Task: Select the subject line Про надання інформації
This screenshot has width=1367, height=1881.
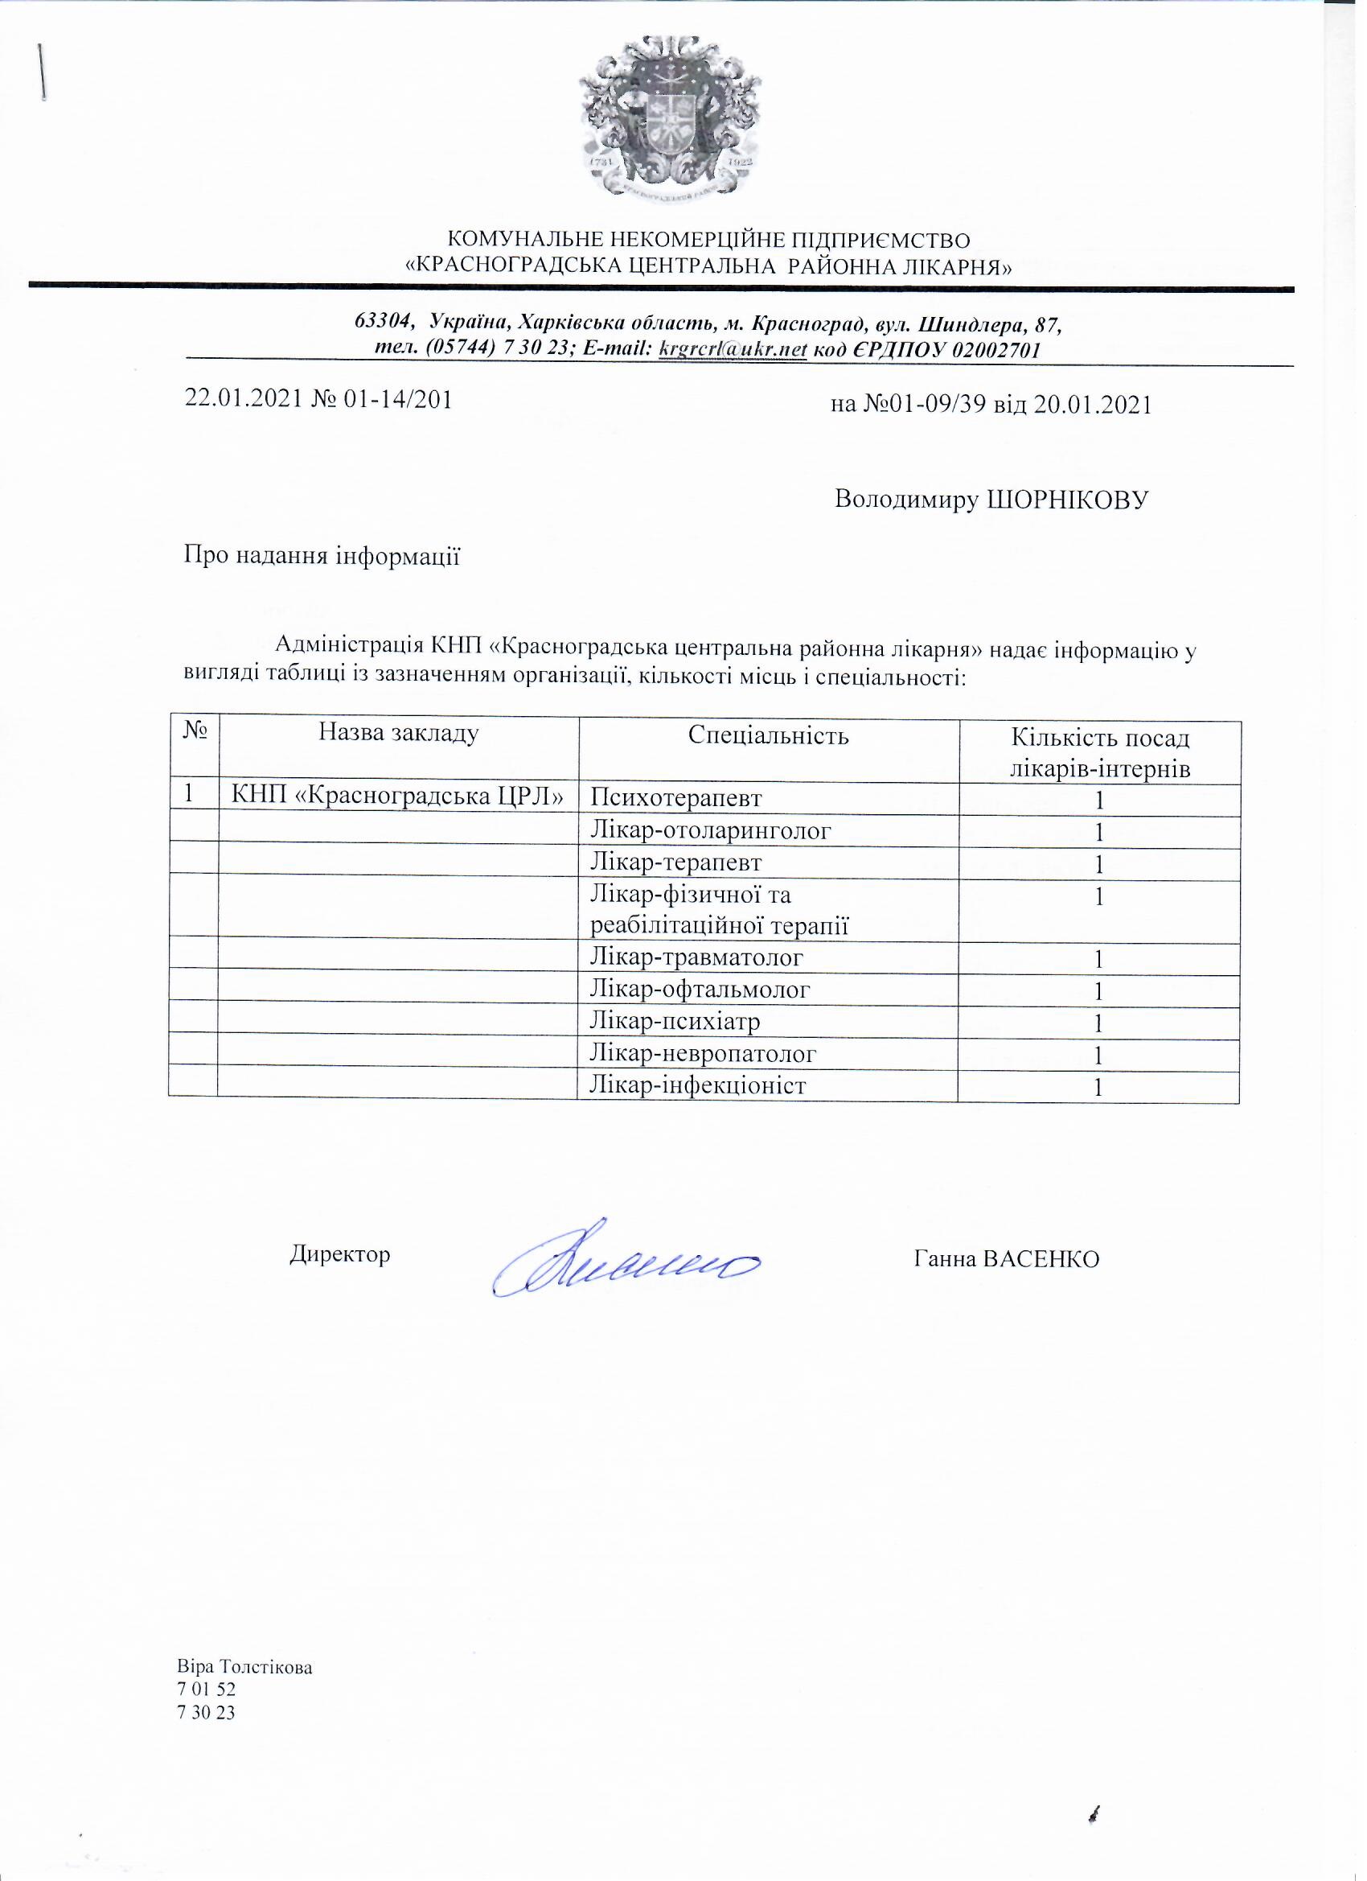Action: tap(322, 556)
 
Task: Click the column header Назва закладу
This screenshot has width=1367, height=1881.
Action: tap(399, 733)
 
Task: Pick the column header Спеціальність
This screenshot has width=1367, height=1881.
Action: tap(769, 735)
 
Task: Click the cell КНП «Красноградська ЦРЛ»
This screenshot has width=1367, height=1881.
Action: tap(399, 797)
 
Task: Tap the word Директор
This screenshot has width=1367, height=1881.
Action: tap(340, 1254)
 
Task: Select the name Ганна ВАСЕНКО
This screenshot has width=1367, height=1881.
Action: tap(1007, 1259)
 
